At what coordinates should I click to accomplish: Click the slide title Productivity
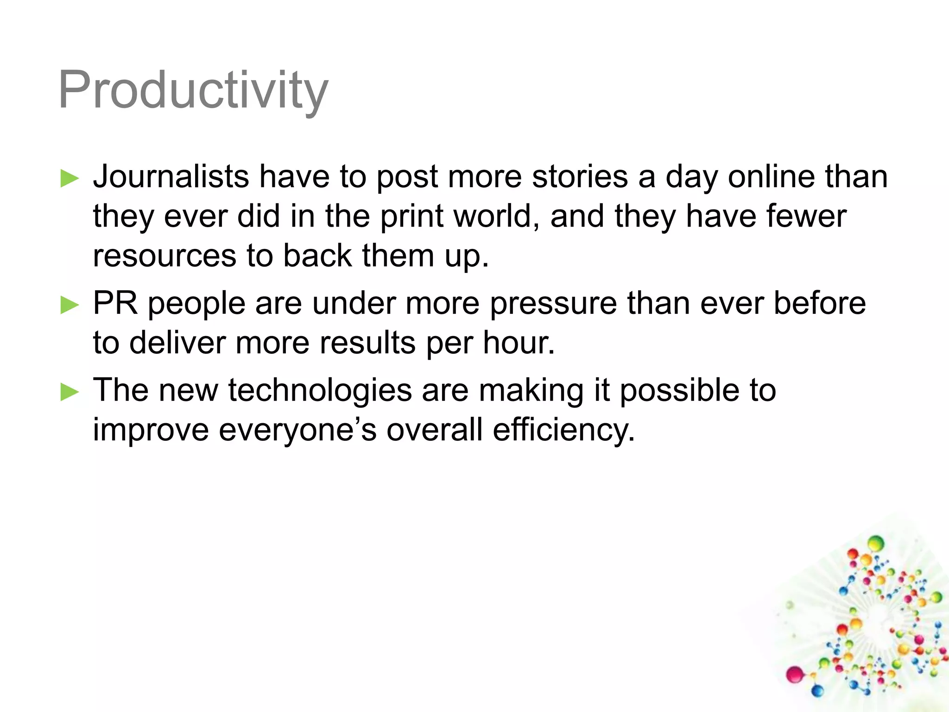coord(193,90)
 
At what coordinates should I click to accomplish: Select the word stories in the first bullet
coord(580,177)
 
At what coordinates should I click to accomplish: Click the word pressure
coord(553,304)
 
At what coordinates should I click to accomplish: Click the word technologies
coord(320,390)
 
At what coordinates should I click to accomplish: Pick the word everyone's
coord(297,430)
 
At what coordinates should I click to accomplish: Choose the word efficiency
coord(563,430)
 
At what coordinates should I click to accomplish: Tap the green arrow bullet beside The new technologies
coord(70,392)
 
